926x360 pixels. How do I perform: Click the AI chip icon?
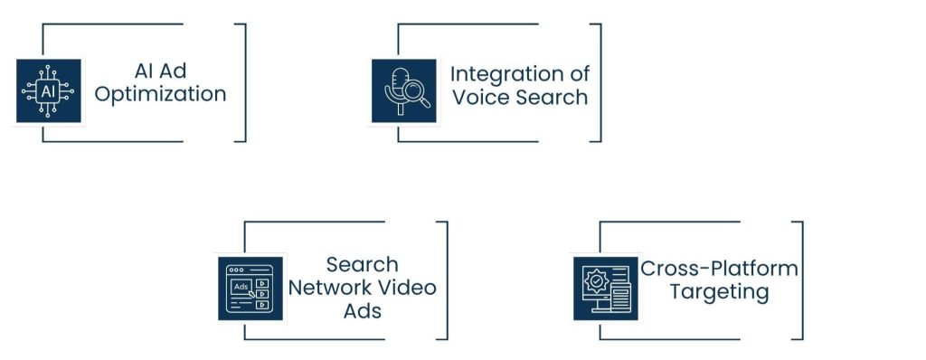48,91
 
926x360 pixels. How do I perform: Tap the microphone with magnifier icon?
403,91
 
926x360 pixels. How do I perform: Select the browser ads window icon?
250,289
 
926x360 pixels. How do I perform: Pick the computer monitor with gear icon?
605,289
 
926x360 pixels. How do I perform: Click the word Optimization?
161,94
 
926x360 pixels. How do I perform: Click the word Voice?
479,97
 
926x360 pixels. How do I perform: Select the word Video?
406,288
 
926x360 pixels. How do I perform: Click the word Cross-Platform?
719,269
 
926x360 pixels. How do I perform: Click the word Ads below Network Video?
362,311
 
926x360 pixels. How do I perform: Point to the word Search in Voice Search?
551,97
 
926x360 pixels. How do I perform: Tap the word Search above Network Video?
362,264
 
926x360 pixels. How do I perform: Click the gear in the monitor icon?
596,281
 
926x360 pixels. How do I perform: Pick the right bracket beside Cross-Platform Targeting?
798,280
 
